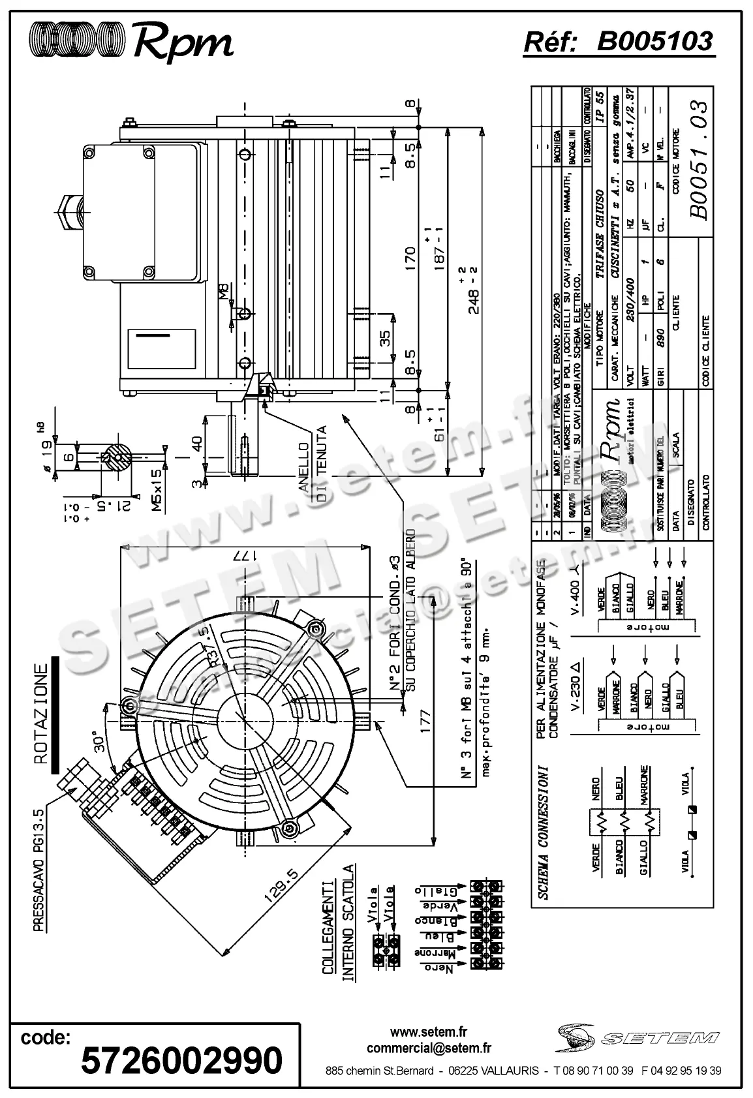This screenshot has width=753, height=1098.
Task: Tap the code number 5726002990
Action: [x=181, y=1060]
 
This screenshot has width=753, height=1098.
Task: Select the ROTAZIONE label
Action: [x=40, y=714]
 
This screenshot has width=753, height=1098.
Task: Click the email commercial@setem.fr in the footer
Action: [x=429, y=1048]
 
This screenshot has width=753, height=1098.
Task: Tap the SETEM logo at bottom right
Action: [x=639, y=1037]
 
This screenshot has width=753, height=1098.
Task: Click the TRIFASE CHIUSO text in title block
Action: [x=599, y=236]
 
